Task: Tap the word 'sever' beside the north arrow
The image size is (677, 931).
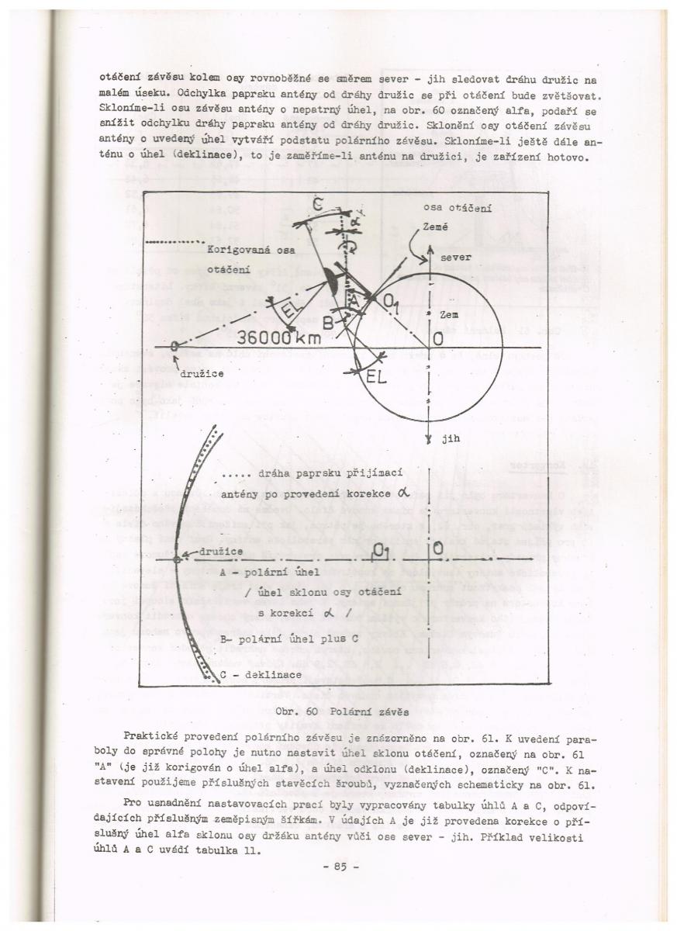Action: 456,256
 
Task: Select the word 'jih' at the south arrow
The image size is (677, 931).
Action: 451,438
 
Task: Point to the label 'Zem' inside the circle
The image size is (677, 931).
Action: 450,316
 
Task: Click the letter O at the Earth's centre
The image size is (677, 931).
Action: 439,339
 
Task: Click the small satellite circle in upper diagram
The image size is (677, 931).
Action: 175,346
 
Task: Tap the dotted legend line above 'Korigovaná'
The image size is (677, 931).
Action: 174,241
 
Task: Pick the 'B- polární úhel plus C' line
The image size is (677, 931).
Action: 276,641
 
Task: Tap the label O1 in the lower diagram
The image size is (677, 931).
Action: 379,551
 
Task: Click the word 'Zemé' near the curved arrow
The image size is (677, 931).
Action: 436,226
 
